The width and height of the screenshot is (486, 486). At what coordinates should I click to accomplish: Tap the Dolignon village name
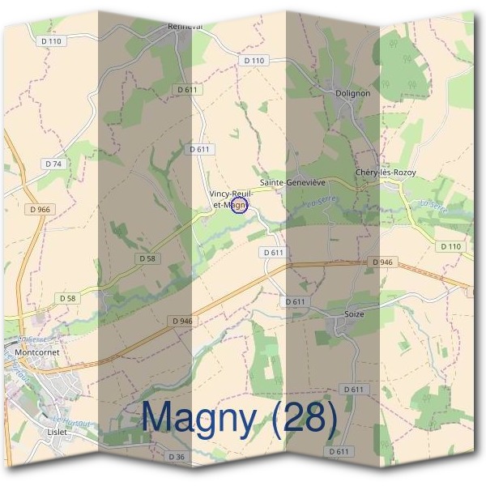pyautogui.click(x=352, y=93)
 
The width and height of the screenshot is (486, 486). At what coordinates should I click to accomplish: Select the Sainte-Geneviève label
pyautogui.click(x=292, y=183)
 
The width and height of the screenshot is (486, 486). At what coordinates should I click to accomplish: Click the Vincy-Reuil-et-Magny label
pyautogui.click(x=231, y=199)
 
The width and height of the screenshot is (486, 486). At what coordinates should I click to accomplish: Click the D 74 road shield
pyautogui.click(x=53, y=164)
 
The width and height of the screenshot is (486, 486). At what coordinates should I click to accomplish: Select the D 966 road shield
pyautogui.click(x=38, y=209)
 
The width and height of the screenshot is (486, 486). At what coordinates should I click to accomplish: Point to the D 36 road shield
pyautogui.click(x=177, y=457)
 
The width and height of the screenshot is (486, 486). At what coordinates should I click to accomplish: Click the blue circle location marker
pyautogui.click(x=238, y=207)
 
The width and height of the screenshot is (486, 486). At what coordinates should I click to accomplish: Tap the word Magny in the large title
pyautogui.click(x=202, y=418)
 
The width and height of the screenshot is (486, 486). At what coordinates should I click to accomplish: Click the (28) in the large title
pyautogui.click(x=303, y=418)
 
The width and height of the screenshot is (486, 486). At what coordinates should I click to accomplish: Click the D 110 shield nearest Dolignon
pyautogui.click(x=254, y=61)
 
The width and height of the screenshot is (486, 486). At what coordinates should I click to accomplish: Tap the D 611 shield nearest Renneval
pyautogui.click(x=185, y=89)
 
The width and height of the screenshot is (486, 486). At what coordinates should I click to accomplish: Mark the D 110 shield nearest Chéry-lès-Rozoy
pyautogui.click(x=450, y=245)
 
